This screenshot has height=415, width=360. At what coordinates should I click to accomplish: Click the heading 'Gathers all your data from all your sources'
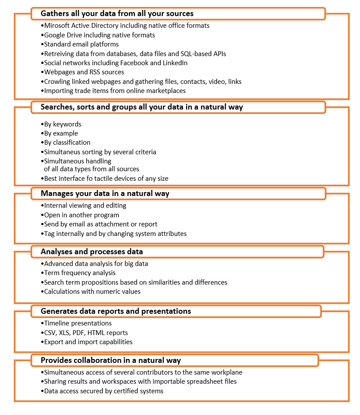pos(117,13)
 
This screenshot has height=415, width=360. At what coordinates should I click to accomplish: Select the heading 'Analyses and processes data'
pos(92,252)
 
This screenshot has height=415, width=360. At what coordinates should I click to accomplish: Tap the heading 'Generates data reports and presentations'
pos(116,311)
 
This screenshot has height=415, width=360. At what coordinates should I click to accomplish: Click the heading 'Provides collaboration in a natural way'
pos(110,360)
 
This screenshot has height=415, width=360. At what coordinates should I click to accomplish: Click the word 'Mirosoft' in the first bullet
pos(57,26)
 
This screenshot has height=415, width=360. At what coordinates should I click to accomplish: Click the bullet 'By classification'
pos(67,143)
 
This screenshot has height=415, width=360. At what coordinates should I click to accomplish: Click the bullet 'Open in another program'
pos(81,215)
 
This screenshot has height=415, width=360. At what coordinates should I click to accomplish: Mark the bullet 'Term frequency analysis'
pos(80,273)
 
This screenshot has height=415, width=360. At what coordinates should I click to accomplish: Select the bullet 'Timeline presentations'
pos(78,323)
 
